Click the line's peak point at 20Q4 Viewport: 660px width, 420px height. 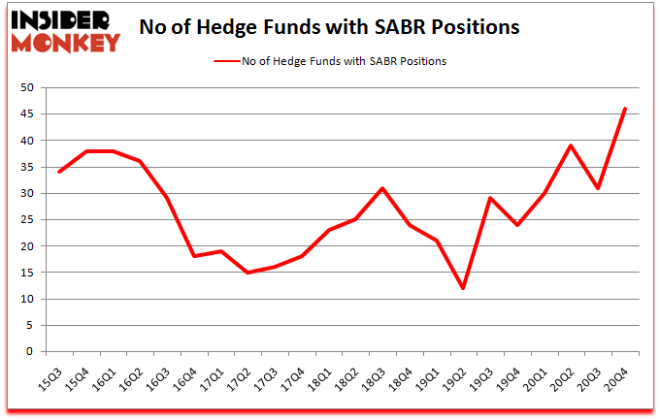[x=625, y=109]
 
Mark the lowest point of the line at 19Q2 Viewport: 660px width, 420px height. [x=464, y=288]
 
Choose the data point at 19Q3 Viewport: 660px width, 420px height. [x=491, y=199]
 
